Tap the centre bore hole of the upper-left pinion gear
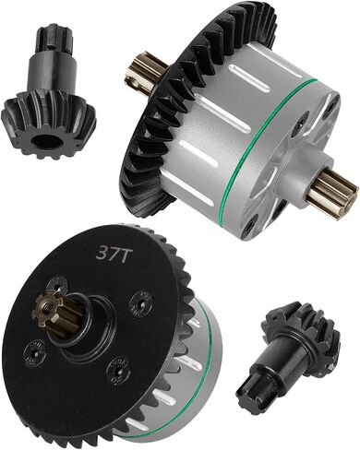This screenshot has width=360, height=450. [x=44, y=141]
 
